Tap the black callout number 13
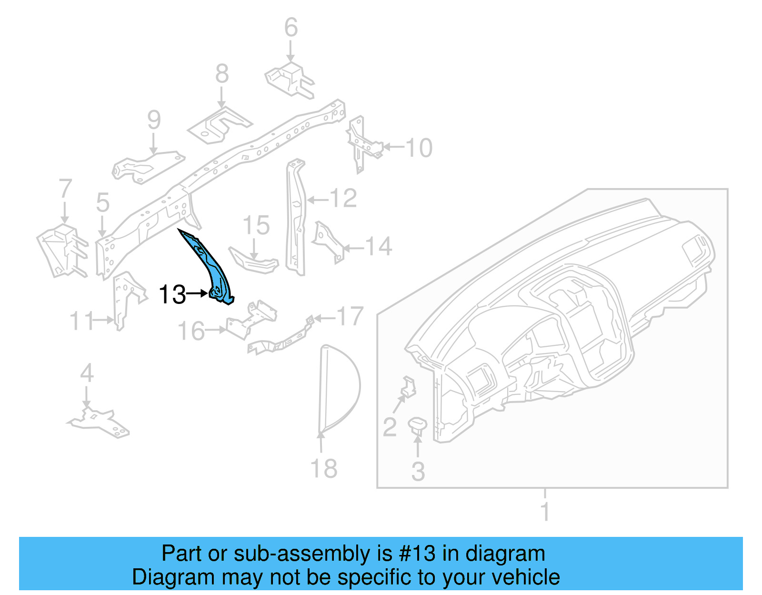(x=172, y=294)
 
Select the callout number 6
(x=291, y=28)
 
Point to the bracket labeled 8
(x=219, y=125)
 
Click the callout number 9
(x=154, y=120)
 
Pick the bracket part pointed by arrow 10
(x=361, y=143)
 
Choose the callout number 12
(x=343, y=198)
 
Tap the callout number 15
(x=256, y=225)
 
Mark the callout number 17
(x=350, y=316)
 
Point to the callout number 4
(x=87, y=373)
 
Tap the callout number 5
(x=102, y=202)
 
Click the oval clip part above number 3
(x=417, y=424)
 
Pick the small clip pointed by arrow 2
(x=408, y=386)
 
